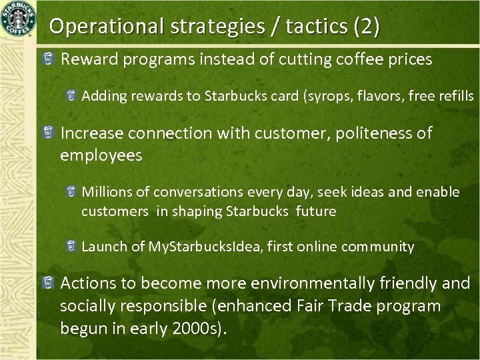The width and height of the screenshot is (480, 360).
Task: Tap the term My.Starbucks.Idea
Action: click(203, 247)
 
